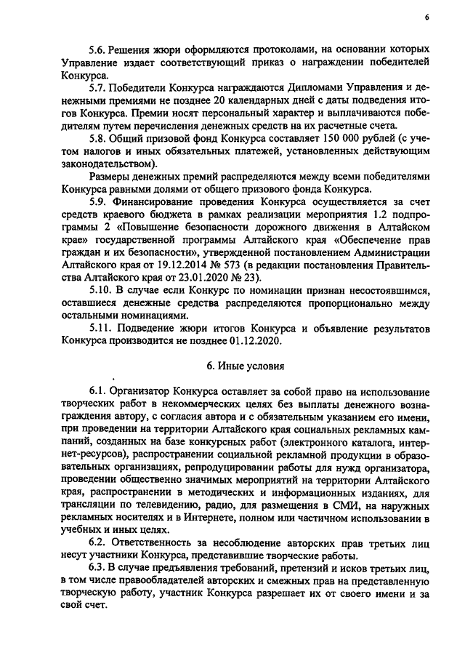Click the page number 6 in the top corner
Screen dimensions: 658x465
point(426,17)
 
